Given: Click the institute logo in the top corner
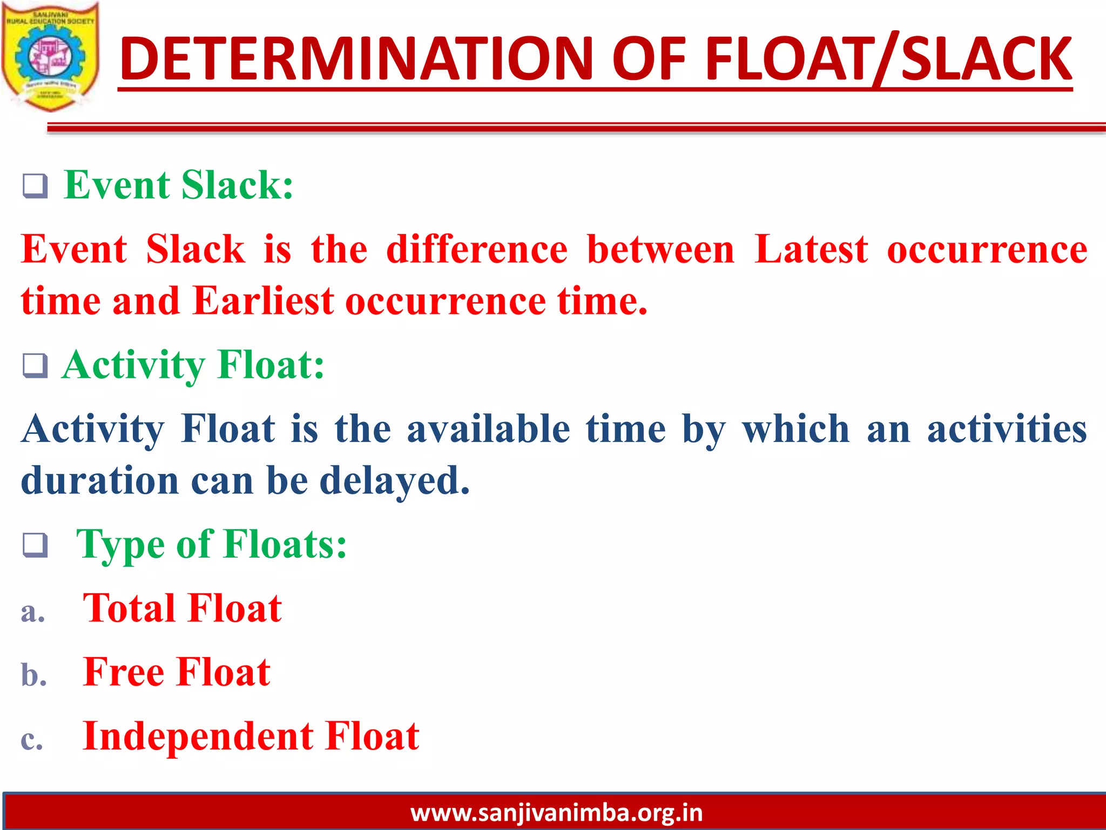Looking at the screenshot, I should click(x=51, y=57).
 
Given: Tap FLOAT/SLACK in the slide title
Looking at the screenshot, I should click(x=888, y=58).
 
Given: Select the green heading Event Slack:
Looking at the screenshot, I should click(x=178, y=185).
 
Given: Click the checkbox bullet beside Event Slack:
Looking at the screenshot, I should click(x=35, y=186).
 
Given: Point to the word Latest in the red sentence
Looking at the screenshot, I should click(x=811, y=250).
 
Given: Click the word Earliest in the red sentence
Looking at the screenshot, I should click(x=264, y=301).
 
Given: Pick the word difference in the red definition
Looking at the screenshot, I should click(x=477, y=250).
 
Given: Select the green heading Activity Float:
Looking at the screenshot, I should click(x=193, y=365).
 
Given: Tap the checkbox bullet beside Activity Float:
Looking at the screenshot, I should click(x=35, y=366).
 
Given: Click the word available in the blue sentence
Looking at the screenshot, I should click(x=488, y=429).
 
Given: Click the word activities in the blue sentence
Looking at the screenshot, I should click(x=1007, y=429).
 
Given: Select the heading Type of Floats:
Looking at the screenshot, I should click(x=211, y=544).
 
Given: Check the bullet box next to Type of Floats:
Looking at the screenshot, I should click(x=35, y=545).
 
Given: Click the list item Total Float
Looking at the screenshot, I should click(x=182, y=608).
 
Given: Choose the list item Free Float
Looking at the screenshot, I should click(x=177, y=672).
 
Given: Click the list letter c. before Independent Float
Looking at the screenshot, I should click(x=31, y=740).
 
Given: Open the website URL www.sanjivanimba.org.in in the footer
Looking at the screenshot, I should click(x=556, y=813).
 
